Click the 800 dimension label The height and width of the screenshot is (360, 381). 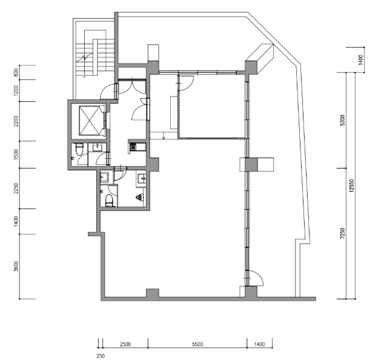[16, 73]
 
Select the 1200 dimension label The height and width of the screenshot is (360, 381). [16, 90]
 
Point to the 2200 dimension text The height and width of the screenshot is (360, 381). [16, 121]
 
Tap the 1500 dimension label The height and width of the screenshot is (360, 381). [16, 155]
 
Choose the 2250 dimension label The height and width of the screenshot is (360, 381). [16, 188]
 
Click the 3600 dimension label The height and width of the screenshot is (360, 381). [16, 266]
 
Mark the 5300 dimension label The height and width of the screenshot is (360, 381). [343, 120]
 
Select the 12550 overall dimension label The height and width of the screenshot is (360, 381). [351, 185]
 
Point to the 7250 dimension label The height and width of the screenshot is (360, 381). [343, 233]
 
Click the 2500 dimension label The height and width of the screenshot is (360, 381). [125, 344]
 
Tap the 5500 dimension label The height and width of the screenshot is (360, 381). [197, 344]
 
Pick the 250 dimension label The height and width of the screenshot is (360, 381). [101, 356]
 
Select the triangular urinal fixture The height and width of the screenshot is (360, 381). [140, 198]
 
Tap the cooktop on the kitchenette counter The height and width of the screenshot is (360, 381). [133, 147]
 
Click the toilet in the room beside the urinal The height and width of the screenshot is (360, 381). [110, 201]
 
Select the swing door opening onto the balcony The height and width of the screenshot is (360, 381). [254, 278]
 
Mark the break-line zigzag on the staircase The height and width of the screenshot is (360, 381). [84, 57]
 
